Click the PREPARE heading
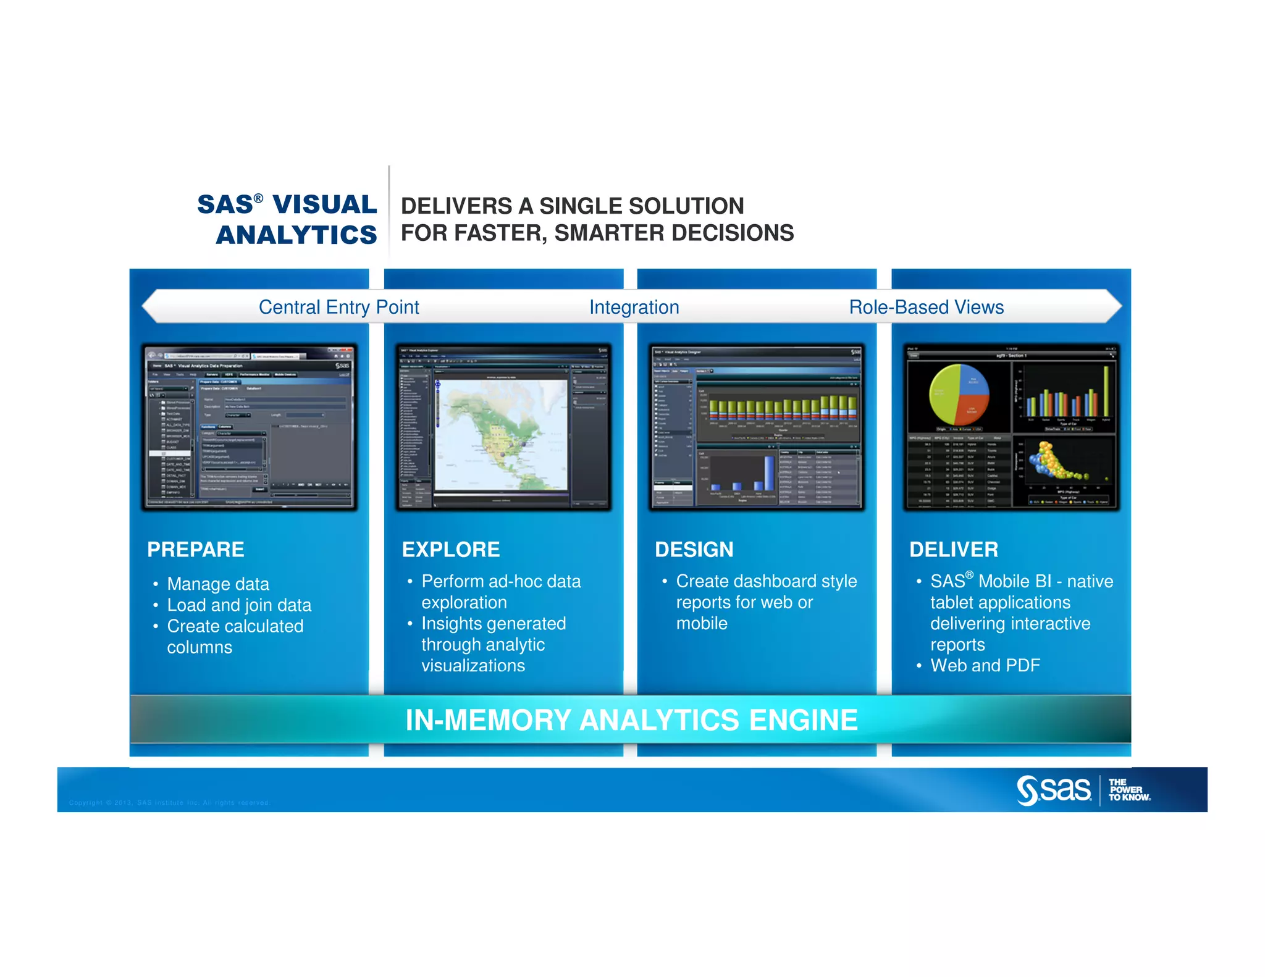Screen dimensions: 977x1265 (x=195, y=549)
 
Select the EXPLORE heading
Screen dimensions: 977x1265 (x=451, y=549)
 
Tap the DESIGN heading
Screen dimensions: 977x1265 (x=694, y=549)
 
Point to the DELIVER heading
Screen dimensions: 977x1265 (x=953, y=549)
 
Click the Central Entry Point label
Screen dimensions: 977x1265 (x=338, y=307)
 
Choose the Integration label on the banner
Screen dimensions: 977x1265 (x=634, y=307)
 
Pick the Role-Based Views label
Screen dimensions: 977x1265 (x=926, y=307)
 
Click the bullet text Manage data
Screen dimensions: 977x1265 (x=217, y=584)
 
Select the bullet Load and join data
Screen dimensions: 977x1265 (x=238, y=605)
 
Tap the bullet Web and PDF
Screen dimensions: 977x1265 (x=985, y=665)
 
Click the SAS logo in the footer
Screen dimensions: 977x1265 (x=1054, y=790)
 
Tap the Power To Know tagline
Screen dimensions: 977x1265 (x=1128, y=790)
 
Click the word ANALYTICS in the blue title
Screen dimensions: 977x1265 (x=296, y=235)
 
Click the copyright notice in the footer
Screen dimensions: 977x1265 (x=169, y=803)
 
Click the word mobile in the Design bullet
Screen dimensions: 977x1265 (x=702, y=623)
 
